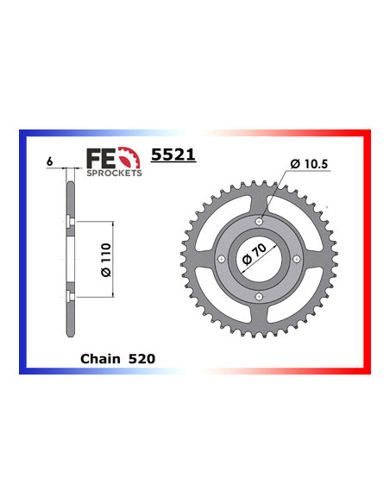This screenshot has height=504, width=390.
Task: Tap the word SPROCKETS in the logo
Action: (x=112, y=173)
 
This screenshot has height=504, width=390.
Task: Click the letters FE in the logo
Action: (x=98, y=158)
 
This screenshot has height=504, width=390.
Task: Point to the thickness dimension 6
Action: (x=52, y=161)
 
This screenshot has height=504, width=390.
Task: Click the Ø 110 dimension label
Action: (x=104, y=260)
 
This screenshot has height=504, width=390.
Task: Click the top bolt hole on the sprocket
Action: (x=259, y=223)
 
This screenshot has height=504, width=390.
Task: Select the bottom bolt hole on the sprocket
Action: (x=259, y=297)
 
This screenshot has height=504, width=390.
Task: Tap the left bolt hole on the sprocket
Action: (x=222, y=260)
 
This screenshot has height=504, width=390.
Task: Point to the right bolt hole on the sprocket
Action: (x=296, y=260)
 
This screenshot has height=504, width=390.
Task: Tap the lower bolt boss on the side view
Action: (x=67, y=298)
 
